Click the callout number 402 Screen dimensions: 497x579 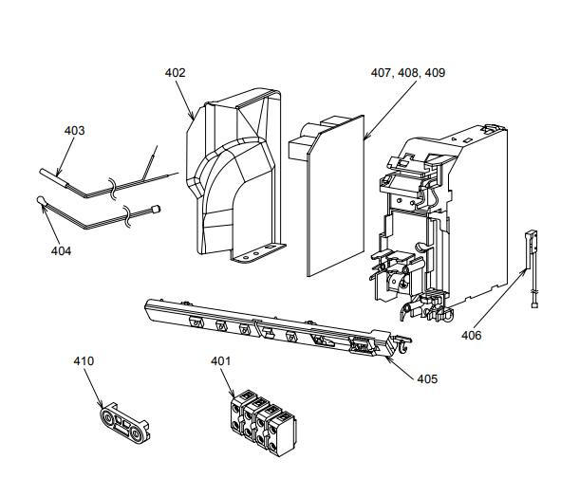pos(175,73)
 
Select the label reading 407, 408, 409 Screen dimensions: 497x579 pos(408,73)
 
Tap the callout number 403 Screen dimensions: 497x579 pos(74,130)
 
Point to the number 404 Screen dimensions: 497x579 pos(61,251)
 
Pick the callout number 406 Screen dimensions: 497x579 pos(472,335)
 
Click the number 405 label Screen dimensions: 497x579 pos(427,378)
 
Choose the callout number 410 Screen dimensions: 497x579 pos(84,360)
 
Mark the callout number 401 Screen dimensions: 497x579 pos(220,360)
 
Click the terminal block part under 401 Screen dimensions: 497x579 pos(261,419)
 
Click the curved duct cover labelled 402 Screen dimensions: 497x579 pos(233,175)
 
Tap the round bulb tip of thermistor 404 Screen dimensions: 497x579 pos(40,199)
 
